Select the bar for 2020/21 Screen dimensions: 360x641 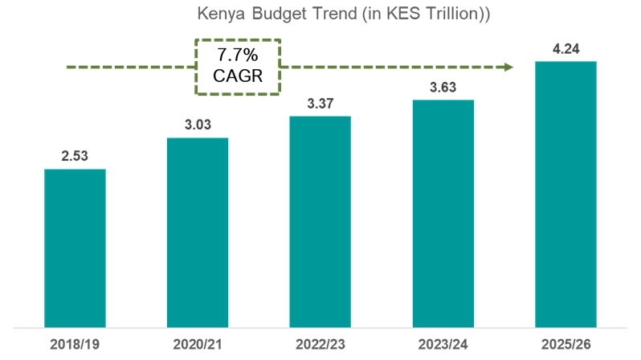(x=198, y=232)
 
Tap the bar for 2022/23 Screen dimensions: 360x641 (x=320, y=222)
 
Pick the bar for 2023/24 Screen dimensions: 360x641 (x=443, y=214)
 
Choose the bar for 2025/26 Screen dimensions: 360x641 (x=565, y=194)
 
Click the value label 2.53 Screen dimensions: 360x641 (x=75, y=156)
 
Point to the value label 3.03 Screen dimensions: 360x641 (x=198, y=125)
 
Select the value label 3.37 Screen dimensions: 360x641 (x=320, y=103)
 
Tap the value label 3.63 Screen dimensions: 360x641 (x=443, y=88)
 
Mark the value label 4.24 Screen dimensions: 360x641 (x=565, y=48)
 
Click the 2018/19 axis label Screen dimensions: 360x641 (x=75, y=345)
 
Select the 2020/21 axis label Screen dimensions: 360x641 (x=198, y=345)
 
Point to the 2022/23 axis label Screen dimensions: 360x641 (x=320, y=345)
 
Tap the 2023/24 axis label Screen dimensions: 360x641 (x=443, y=345)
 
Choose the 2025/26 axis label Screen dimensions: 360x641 (x=565, y=345)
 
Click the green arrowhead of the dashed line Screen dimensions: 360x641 (x=508, y=67)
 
